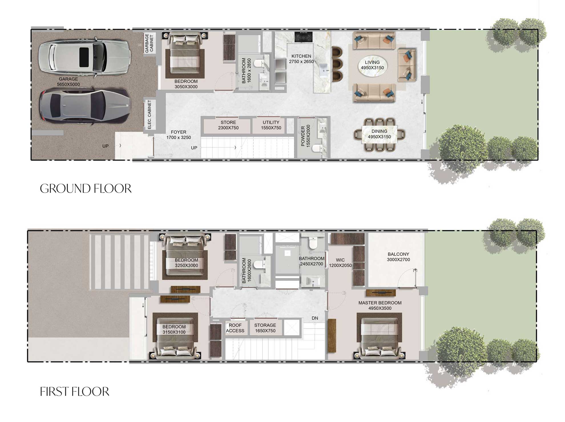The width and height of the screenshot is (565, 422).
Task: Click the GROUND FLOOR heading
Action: [86, 189]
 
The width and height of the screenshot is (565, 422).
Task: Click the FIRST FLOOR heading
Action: [74, 391]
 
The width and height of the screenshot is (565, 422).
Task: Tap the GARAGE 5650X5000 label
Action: [68, 82]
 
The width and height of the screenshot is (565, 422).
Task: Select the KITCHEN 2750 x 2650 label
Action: [301, 59]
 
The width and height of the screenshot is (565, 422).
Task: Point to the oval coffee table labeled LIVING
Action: [372, 65]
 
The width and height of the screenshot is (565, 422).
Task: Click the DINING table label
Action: [379, 134]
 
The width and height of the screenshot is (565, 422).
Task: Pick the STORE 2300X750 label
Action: [228, 125]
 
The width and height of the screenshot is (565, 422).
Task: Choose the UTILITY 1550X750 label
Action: [271, 125]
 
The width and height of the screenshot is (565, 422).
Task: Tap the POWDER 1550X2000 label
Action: [305, 136]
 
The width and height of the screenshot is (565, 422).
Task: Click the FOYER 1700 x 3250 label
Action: [179, 135]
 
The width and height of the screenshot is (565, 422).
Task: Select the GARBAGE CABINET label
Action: [149, 43]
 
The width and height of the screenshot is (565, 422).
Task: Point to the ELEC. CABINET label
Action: [150, 114]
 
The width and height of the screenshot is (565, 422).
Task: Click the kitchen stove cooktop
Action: [303, 37]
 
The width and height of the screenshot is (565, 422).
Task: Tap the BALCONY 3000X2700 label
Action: [398, 257]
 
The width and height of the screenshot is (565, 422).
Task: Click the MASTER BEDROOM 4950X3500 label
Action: [380, 305]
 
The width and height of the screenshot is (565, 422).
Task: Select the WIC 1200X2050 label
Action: [340, 263]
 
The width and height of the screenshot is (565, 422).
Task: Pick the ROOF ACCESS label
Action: [235, 328]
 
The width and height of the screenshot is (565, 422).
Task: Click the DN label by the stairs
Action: [315, 318]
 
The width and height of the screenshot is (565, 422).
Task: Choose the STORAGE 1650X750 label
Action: [265, 328]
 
